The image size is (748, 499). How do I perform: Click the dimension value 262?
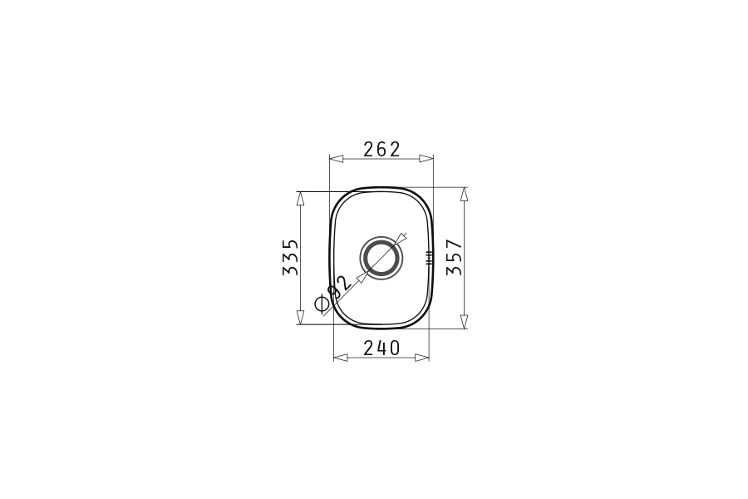(381, 150)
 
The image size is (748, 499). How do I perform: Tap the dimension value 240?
(381, 348)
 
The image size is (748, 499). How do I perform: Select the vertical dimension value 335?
(291, 257)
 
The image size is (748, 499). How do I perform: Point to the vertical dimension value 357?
(454, 257)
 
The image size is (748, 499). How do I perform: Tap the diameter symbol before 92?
(322, 304)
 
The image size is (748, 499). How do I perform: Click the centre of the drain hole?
(381, 258)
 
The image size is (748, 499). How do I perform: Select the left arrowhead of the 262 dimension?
(337, 159)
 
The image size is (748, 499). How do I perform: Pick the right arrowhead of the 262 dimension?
(426, 159)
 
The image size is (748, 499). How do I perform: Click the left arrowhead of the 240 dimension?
(341, 358)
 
